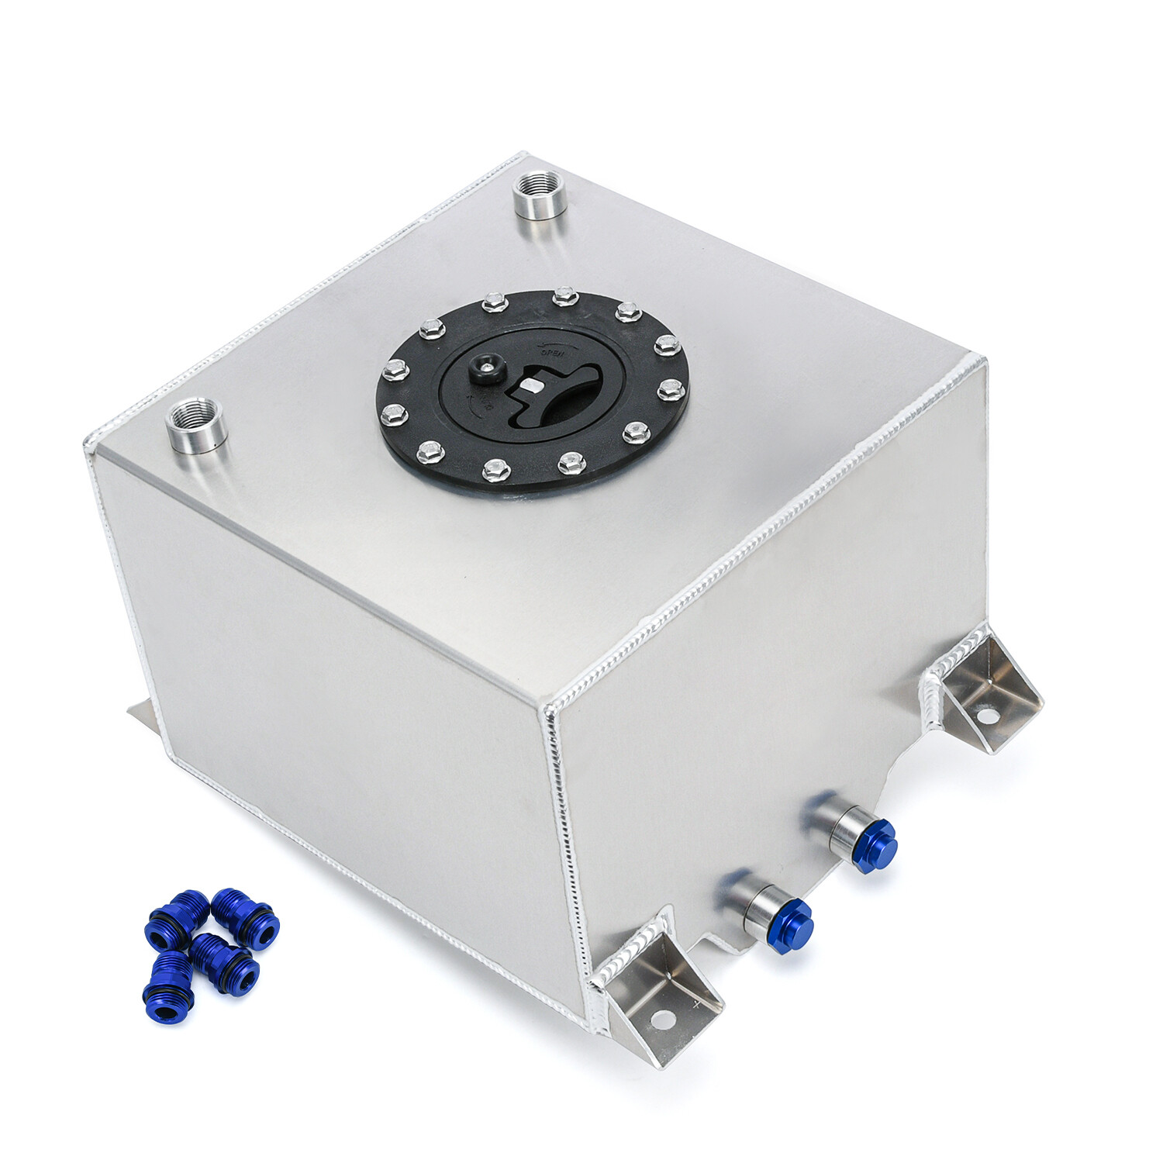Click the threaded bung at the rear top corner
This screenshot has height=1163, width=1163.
(540, 196)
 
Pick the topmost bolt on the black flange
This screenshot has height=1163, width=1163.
(565, 296)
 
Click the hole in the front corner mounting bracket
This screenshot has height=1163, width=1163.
(661, 1018)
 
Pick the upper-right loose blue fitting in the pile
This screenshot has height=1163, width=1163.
(245, 918)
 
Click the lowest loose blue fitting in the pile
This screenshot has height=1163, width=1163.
(167, 988)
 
